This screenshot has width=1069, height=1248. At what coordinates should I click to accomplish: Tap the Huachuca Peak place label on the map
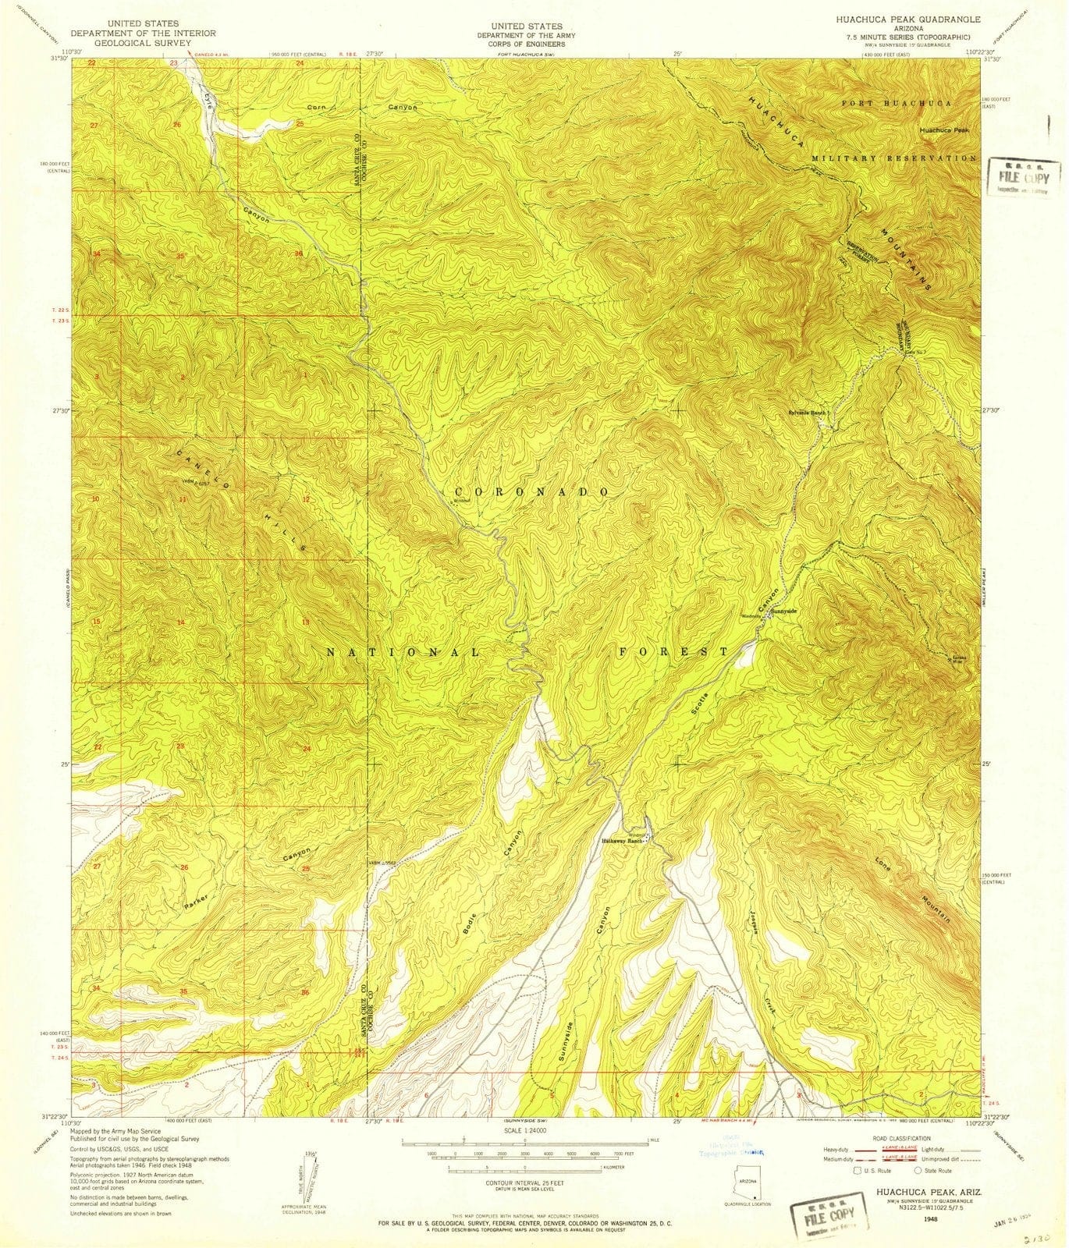943,130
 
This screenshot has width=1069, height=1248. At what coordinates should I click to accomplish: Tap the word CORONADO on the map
531,492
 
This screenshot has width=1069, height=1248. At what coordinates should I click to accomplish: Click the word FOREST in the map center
674,651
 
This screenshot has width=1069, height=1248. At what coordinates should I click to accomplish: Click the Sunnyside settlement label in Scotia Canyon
783,611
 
